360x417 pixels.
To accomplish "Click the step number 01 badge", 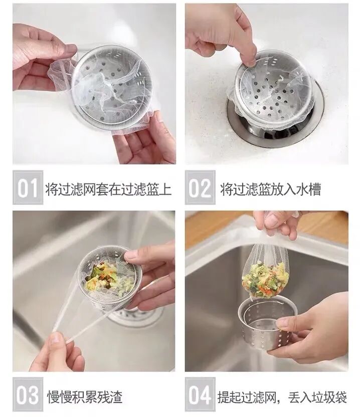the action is point(28,187).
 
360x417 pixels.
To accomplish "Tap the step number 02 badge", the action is point(200,187).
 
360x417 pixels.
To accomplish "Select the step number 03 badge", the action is point(28,394).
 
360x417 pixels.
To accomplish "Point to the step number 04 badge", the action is point(200,394).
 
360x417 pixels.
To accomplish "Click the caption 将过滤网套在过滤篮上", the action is point(108,189).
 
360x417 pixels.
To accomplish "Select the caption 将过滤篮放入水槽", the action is point(270,189).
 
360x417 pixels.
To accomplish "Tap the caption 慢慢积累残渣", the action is point(85,397).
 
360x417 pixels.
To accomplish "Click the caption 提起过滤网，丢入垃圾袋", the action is point(282,397).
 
